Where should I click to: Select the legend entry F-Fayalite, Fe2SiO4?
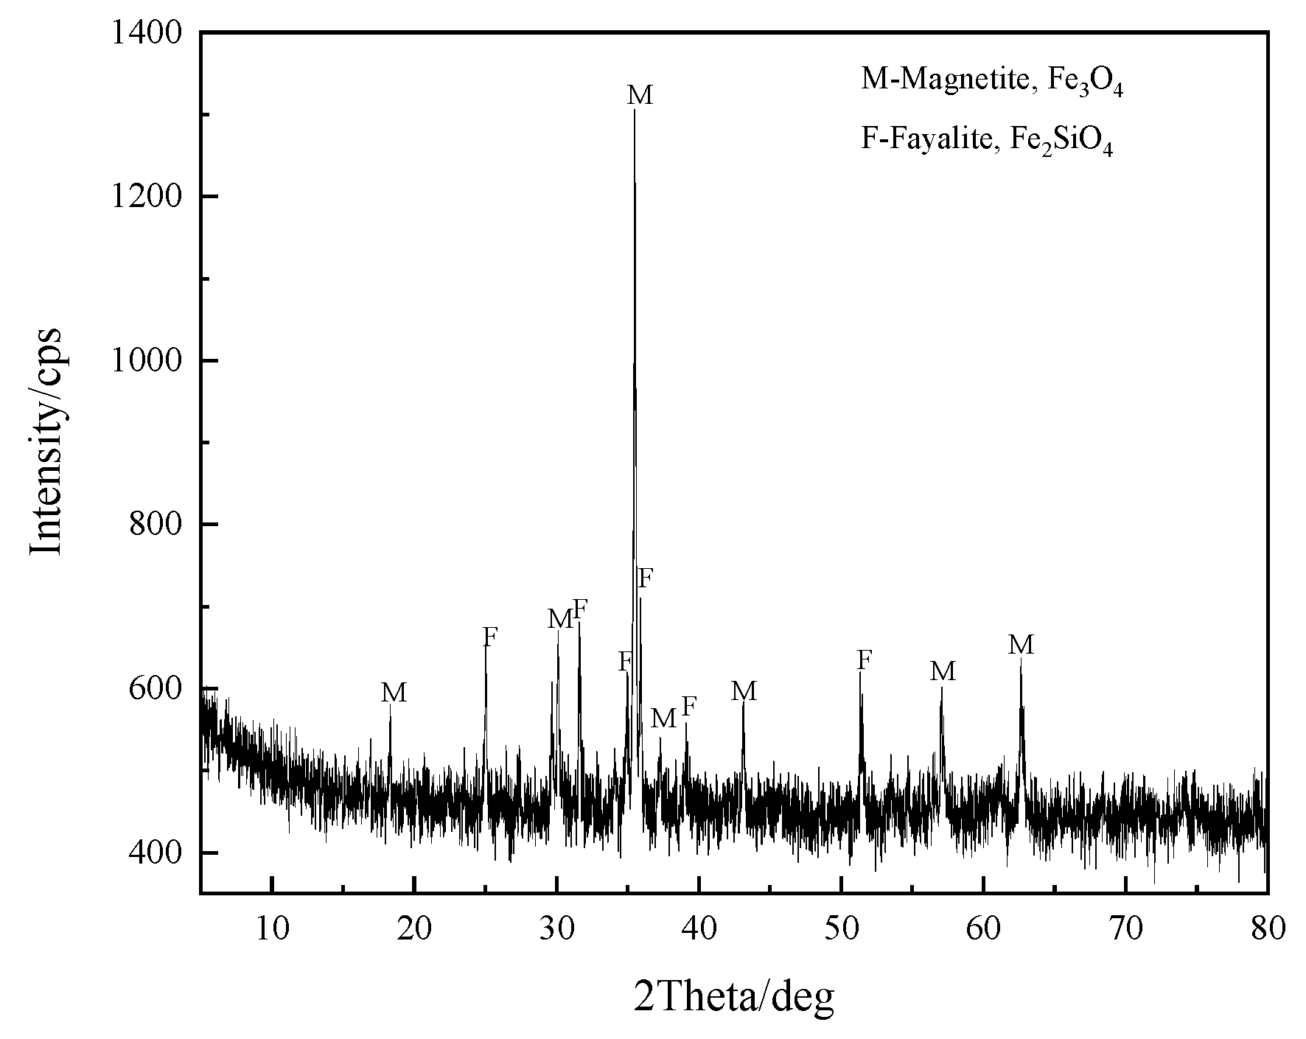[987, 139]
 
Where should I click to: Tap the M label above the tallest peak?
[640, 95]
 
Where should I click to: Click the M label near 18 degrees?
[394, 693]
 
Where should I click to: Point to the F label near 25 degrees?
[490, 637]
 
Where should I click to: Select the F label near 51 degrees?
[865, 660]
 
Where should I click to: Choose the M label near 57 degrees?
[943, 671]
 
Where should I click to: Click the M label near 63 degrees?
[1021, 646]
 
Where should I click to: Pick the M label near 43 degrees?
[744, 691]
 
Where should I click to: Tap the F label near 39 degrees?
[689, 707]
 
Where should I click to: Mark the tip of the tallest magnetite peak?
[635, 110]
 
